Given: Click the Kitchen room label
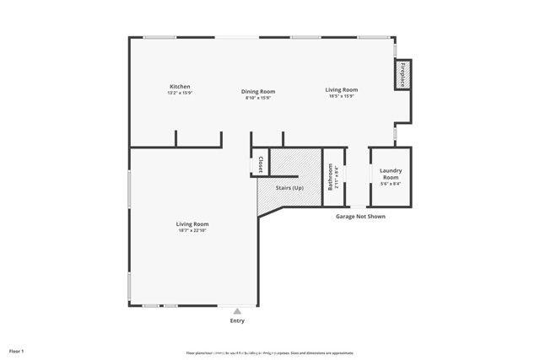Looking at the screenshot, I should pos(180,87).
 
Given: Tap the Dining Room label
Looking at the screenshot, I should pos(259,91).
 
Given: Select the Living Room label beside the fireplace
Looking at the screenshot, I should pos(343,89).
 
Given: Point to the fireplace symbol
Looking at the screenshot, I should pos(402,75).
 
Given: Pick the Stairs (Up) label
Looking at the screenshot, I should pos(289,187).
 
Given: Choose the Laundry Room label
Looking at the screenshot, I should pos(390,174).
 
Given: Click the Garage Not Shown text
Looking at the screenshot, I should pos(361,216).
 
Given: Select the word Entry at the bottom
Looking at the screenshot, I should pos(238,321).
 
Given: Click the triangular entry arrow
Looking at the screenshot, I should pos(238,311).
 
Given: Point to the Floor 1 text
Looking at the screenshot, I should pos(17,350).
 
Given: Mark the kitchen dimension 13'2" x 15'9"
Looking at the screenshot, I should pos(180,94).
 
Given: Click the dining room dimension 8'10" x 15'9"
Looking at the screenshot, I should pos(259,98).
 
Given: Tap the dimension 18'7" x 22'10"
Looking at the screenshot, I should pos(192,230).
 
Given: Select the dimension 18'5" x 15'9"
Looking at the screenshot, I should pos(343,96).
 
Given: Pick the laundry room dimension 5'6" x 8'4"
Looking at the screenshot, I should pos(390,183).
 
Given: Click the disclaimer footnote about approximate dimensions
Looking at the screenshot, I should pos(270,352).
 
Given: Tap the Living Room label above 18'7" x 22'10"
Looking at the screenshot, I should pos(192,223).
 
